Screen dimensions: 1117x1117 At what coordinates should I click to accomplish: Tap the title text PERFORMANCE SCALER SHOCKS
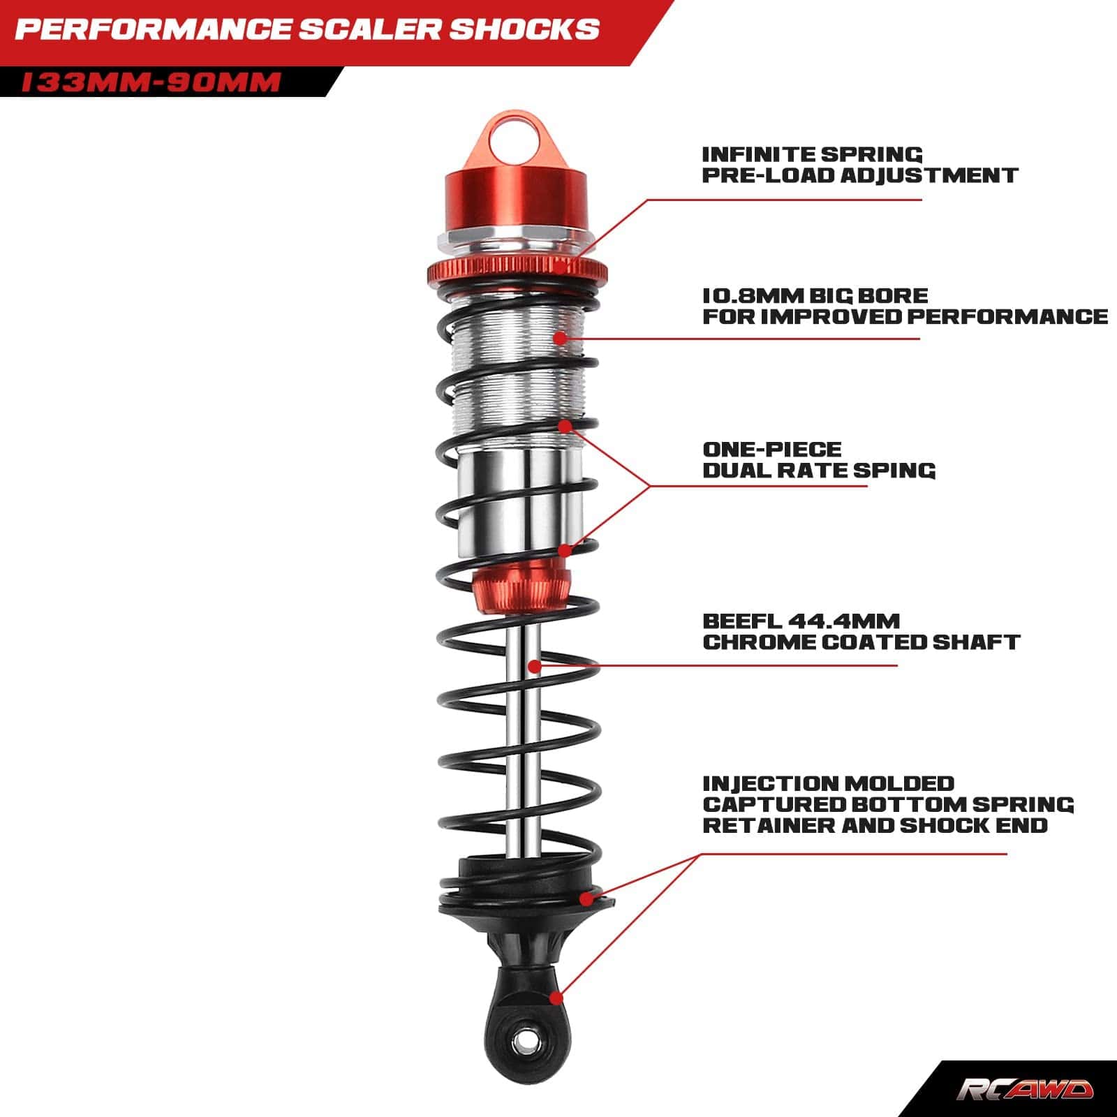click(307, 29)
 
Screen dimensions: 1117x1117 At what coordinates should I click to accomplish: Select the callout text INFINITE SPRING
click(812, 154)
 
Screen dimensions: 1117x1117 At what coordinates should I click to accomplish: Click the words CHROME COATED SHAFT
click(861, 642)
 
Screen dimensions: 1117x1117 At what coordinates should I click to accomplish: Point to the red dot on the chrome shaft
click(535, 666)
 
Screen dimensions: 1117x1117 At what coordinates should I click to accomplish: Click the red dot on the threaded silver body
click(559, 338)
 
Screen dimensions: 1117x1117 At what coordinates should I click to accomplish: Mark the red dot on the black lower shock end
click(556, 998)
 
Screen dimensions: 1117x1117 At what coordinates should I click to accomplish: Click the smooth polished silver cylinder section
click(519, 505)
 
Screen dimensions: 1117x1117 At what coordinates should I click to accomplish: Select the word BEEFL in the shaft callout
click(741, 621)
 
